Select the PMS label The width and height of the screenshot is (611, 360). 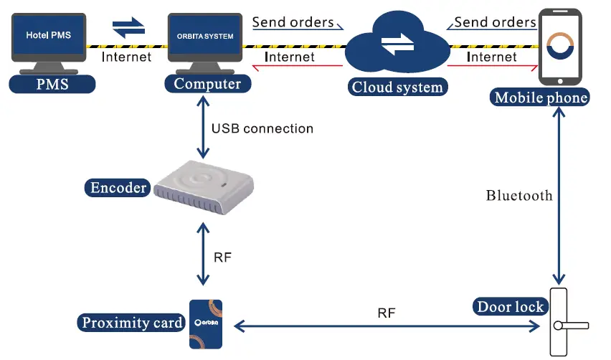click(52, 84)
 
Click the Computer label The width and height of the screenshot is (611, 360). click(208, 84)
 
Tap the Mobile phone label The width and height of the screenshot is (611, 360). click(540, 98)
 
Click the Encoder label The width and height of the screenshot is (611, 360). click(118, 189)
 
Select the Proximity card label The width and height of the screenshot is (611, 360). click(132, 323)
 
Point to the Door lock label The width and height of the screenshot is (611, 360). click(511, 308)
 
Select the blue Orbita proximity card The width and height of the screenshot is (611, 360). click(208, 324)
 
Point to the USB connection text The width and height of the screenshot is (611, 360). click(262, 129)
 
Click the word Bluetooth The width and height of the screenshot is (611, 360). click(519, 195)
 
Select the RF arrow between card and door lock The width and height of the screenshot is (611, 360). click(387, 327)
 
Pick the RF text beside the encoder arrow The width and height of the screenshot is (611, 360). click(223, 257)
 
